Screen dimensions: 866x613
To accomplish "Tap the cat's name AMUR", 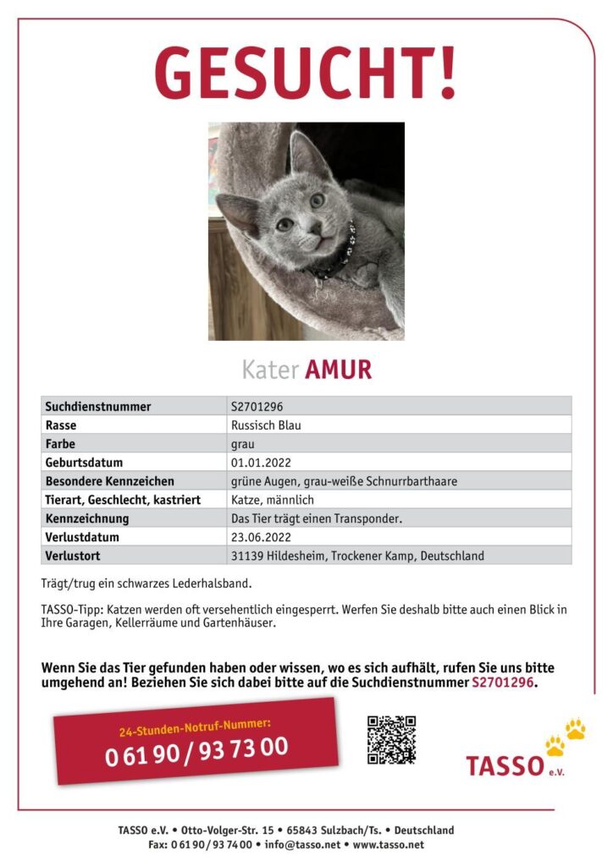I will click(x=338, y=370).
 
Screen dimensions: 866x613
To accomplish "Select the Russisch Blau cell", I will click(x=266, y=425).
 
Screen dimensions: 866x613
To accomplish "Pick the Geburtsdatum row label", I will click(x=84, y=463).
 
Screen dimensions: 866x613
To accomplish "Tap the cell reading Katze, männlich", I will click(x=272, y=500).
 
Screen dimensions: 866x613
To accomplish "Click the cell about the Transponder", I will click(x=322, y=518).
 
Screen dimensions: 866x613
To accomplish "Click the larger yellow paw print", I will click(x=576, y=728).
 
